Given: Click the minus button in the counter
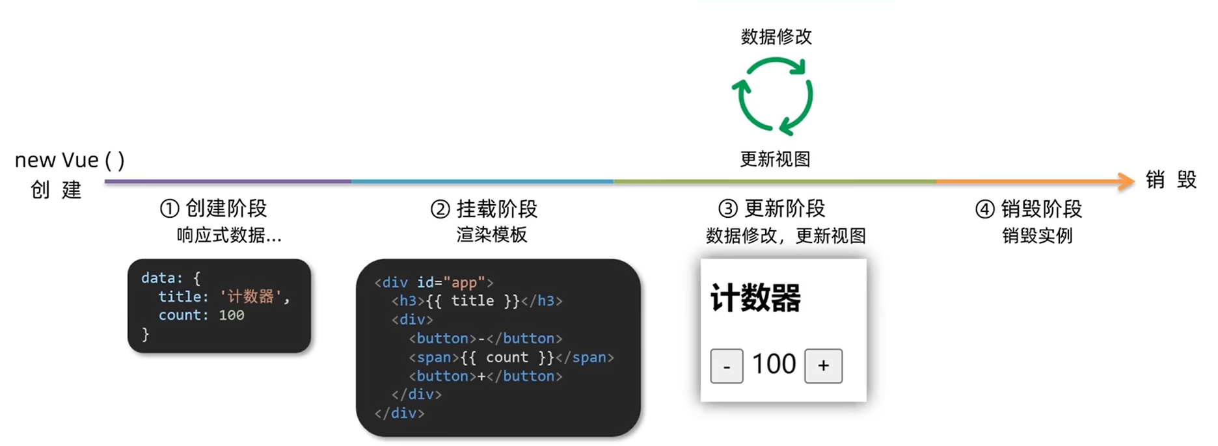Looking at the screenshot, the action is pos(726,366).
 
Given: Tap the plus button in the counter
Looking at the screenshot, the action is pos(823,366).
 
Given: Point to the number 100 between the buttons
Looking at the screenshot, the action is pos(774,364).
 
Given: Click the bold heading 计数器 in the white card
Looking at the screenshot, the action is pos(755,298).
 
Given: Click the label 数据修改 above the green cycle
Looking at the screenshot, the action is pos(776,37).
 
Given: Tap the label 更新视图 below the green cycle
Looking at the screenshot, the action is pos(775,159).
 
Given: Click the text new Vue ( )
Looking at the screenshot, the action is pos(70,160).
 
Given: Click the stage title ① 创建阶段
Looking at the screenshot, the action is pos(213,209).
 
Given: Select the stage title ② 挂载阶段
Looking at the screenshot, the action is pos(484,209).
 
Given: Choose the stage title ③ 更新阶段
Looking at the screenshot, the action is pos(772,209).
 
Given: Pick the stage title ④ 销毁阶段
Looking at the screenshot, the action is pos(1029,209).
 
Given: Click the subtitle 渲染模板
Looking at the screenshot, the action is pos(491,235).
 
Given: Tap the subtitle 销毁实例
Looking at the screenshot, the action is pos(1037,235).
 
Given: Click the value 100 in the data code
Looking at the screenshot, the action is pos(231,315).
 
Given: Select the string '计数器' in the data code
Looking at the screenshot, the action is pos(250,296).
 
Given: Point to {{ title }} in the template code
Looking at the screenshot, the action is pos(473,301).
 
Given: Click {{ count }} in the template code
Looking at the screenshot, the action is pos(507,357).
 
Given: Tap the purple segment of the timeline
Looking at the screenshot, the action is pos(228,181).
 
